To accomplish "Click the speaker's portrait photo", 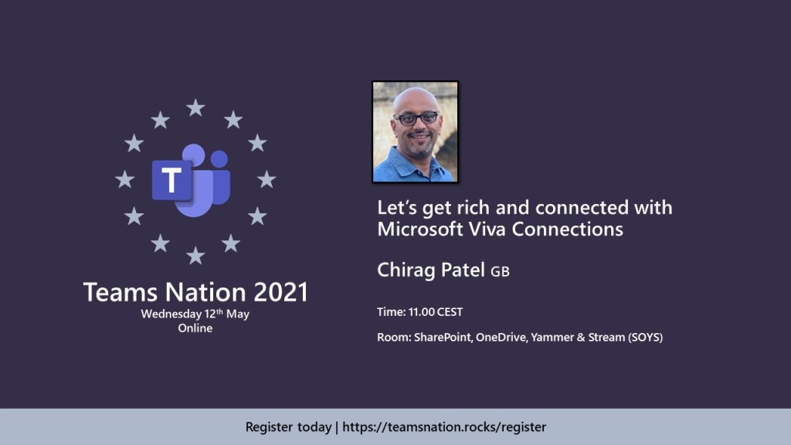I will (x=415, y=132).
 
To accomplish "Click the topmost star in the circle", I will (x=195, y=108).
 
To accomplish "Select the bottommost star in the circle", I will (x=195, y=255).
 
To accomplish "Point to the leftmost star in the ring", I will (x=124, y=180).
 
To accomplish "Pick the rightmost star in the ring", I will (x=266, y=180).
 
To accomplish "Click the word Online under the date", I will (x=195, y=328).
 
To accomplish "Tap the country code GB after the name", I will (x=501, y=272).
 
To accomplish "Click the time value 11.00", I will (x=422, y=312).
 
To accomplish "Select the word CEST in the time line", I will (x=450, y=312).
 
